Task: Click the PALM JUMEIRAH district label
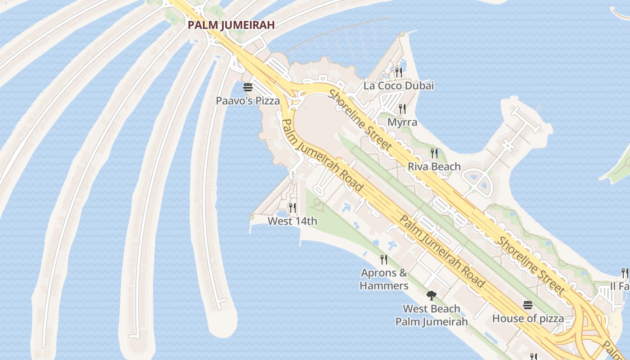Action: (231, 25)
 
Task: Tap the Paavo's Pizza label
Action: (247, 101)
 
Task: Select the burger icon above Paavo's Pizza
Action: (247, 87)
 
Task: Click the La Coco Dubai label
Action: (398, 85)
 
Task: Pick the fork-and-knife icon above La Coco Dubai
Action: (398, 72)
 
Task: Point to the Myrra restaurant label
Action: (402, 122)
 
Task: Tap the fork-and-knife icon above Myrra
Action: (402, 108)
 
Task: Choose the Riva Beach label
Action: (434, 166)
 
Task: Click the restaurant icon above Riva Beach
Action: (434, 153)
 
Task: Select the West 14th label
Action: (292, 221)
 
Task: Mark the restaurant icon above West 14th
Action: (292, 207)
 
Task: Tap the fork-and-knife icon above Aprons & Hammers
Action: (384, 259)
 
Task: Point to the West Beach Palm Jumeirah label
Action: (432, 315)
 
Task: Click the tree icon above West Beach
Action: (432, 295)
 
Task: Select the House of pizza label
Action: (528, 319)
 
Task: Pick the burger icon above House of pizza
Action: (528, 306)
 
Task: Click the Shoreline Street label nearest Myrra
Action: (360, 120)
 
